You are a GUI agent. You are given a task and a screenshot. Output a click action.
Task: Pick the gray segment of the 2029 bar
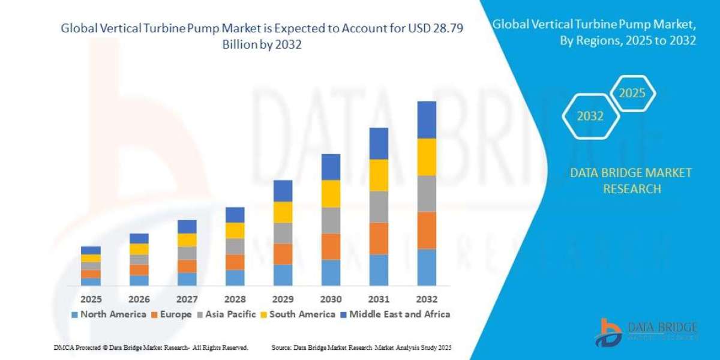(x=283, y=233)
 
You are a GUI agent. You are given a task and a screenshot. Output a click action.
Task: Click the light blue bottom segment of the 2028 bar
(x=235, y=277)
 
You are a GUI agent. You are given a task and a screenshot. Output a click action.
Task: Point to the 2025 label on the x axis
(x=91, y=299)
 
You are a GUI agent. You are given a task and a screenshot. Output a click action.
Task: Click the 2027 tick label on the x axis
(x=187, y=299)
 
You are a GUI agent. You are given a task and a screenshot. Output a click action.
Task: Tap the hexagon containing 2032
(x=590, y=116)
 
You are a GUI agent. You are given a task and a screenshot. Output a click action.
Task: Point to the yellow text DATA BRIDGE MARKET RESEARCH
(x=631, y=181)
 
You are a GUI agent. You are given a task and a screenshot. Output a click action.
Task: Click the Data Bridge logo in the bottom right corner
(x=648, y=332)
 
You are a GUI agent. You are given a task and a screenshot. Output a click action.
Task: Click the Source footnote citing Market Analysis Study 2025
(x=361, y=347)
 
